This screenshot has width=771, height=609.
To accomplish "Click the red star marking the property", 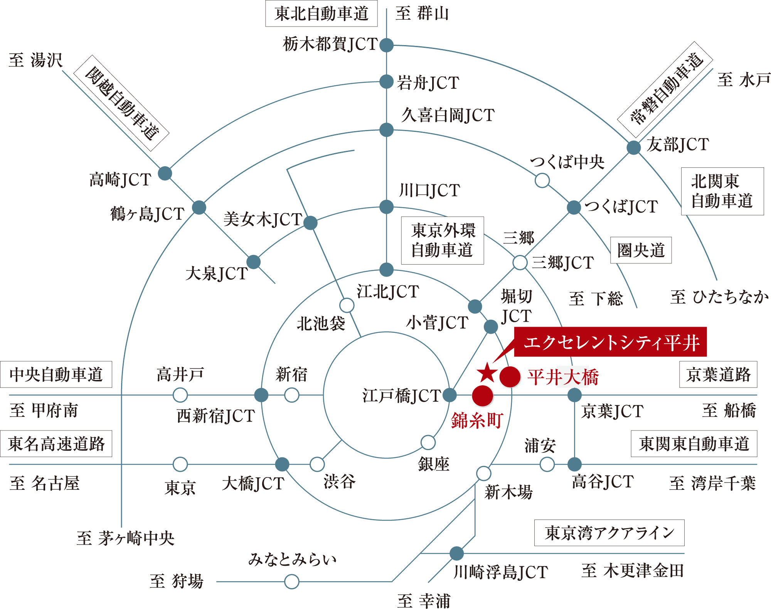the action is (x=487, y=373).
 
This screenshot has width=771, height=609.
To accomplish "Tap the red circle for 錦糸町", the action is (x=482, y=396).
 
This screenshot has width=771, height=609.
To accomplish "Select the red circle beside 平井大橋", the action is (x=510, y=377).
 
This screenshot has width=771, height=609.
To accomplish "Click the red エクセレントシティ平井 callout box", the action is (x=610, y=342).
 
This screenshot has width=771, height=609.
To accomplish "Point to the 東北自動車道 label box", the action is (x=321, y=14).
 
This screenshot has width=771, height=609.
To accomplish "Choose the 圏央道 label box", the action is (x=641, y=250).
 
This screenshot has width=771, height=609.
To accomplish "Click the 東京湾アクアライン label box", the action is (x=609, y=533).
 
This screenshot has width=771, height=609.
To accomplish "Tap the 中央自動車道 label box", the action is (x=56, y=375).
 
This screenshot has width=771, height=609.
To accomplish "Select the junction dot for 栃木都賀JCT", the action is (x=386, y=45).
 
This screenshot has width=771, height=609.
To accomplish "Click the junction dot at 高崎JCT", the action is (x=165, y=174).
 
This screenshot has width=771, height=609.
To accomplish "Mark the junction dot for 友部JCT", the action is (x=633, y=147).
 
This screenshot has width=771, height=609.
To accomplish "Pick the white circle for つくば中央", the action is (x=542, y=180).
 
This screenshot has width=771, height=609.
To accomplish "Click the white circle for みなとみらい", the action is (x=291, y=581).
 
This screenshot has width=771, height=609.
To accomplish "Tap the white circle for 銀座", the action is (x=428, y=442).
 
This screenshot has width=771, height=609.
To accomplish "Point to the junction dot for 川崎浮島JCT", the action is (x=456, y=553).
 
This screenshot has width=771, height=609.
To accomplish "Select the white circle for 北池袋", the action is (x=347, y=305).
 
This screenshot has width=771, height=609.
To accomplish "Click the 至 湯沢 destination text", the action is (x=35, y=60).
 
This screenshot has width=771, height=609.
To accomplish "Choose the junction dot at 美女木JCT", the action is (x=310, y=223).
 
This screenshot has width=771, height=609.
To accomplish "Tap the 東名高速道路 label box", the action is (x=56, y=444).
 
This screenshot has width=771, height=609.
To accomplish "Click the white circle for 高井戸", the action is (x=180, y=395).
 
